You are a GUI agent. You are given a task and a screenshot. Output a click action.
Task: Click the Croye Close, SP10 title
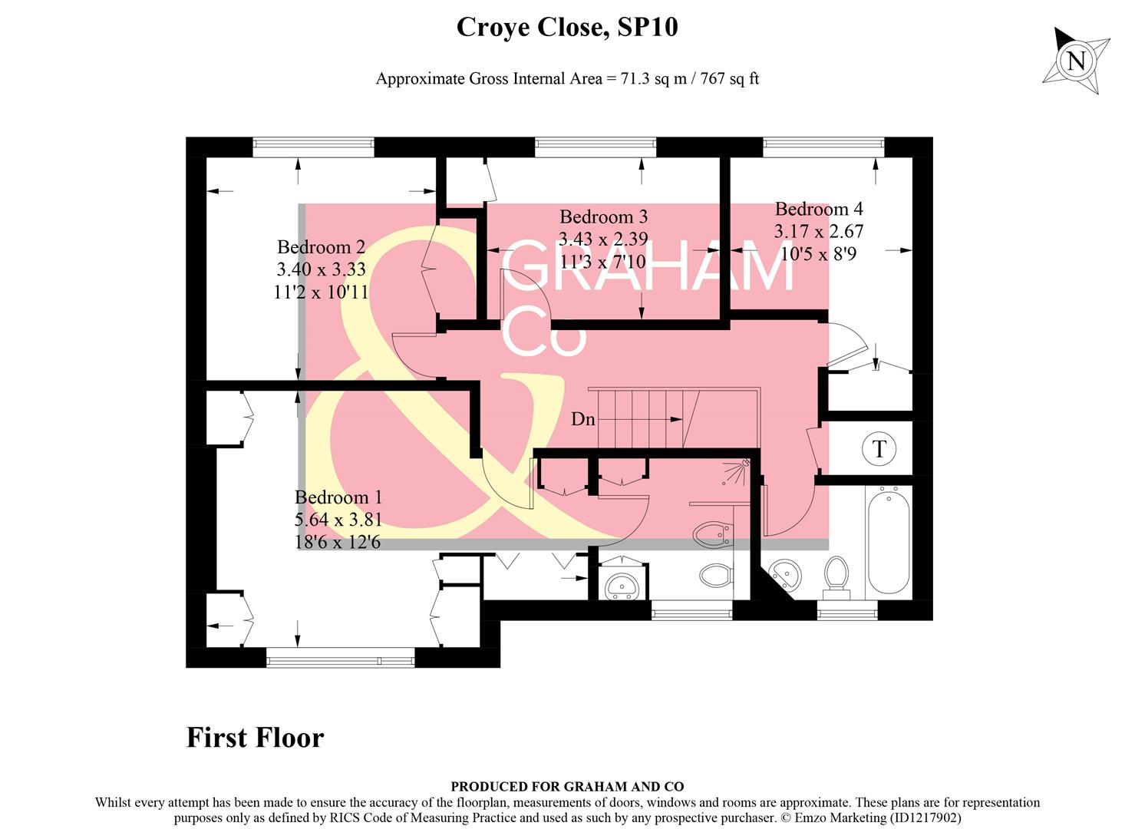click(567, 28)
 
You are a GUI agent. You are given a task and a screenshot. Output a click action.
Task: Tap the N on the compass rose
click(1076, 61)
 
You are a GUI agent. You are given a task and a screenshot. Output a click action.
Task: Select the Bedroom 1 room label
click(338, 497)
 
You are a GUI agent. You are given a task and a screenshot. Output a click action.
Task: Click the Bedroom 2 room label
click(321, 247)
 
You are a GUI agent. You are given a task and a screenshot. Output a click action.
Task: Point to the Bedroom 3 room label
click(603, 216)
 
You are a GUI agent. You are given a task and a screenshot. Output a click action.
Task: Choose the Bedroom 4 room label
click(818, 209)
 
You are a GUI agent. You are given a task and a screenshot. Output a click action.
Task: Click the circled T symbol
click(879, 448)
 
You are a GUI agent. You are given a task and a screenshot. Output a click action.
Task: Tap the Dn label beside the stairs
click(583, 419)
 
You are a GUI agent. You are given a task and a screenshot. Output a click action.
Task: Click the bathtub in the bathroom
click(888, 543)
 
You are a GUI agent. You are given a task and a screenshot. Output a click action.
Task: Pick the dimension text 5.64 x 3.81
click(338, 520)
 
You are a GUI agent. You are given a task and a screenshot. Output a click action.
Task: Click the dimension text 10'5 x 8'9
click(818, 253)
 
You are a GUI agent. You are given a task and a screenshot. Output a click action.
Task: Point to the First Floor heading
click(255, 738)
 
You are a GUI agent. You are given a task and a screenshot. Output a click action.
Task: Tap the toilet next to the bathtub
click(836, 576)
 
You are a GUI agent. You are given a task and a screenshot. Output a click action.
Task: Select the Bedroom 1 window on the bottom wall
click(340, 658)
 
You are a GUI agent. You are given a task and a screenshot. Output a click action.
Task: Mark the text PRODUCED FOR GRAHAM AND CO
click(567, 786)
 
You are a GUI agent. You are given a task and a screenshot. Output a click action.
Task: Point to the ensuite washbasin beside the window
click(621, 586)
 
